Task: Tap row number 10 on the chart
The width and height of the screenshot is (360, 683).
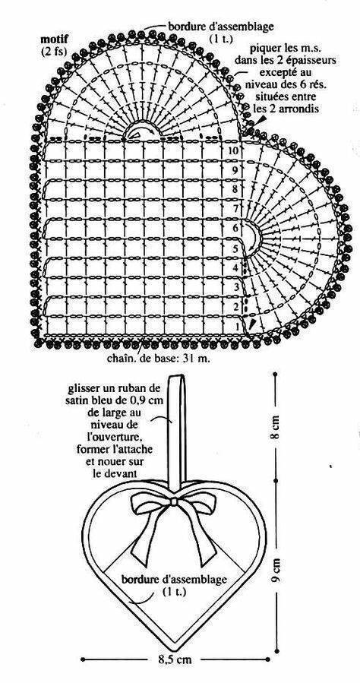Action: click(234, 150)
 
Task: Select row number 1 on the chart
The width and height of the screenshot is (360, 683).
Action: click(237, 326)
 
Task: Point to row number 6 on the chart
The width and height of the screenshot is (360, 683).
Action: click(236, 228)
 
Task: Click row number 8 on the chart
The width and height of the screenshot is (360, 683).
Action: click(235, 189)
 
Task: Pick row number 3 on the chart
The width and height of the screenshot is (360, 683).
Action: click(237, 287)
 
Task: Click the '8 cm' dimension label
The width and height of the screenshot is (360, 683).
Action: click(276, 429)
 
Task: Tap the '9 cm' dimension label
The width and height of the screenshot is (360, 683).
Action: click(276, 570)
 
